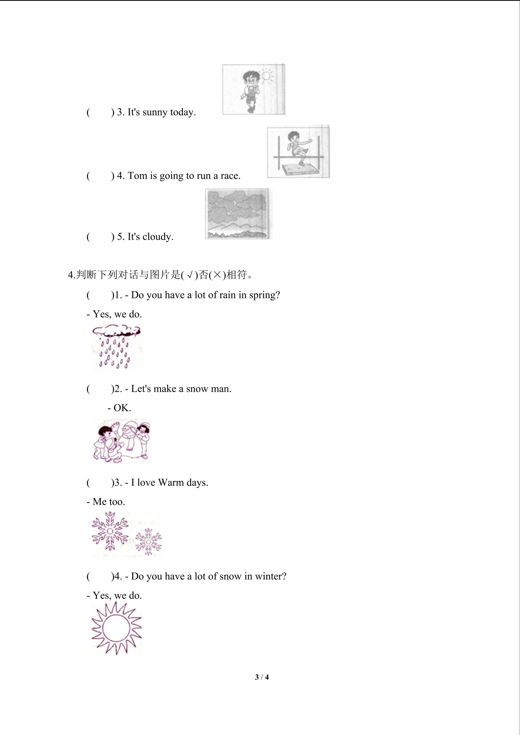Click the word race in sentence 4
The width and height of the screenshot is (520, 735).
(x=230, y=176)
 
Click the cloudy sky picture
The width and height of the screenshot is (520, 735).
(x=238, y=213)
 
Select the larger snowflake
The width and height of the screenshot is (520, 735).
(x=110, y=531)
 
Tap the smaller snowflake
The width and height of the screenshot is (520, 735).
(x=148, y=542)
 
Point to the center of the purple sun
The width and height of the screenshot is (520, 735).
(x=117, y=628)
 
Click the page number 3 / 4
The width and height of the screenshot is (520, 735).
(x=262, y=677)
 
